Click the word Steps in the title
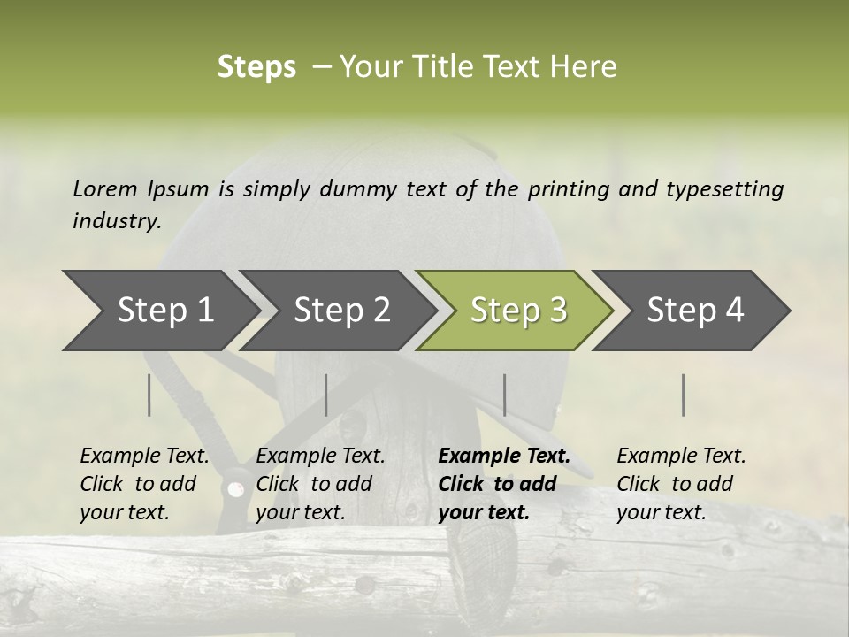(256, 67)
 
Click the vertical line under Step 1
(149, 395)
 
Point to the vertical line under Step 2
(326, 395)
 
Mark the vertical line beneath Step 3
(504, 395)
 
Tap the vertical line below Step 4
(683, 395)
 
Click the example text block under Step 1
(144, 484)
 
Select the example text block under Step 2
(320, 484)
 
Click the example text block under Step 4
(681, 484)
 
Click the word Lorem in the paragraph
(105, 188)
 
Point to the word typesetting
(724, 188)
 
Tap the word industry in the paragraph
(117, 220)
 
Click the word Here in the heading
(584, 67)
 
